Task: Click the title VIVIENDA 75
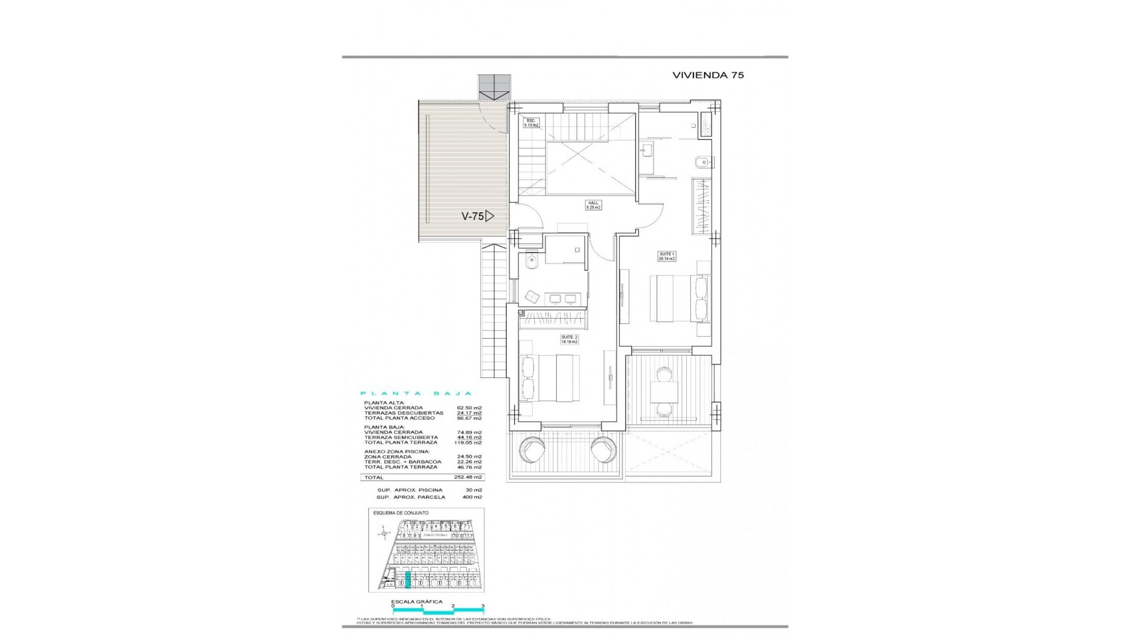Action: pos(708,75)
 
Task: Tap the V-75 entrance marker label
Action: pos(473,216)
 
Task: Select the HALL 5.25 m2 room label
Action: pos(593,205)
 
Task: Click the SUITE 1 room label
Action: pos(667,256)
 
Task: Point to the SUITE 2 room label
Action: pos(569,339)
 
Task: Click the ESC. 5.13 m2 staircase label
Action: pos(531,123)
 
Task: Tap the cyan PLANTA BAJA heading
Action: pos(416,393)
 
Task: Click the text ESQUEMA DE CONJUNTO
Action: pos(401,513)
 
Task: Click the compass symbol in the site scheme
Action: pos(384,534)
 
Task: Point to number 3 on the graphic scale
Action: pos(483,622)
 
